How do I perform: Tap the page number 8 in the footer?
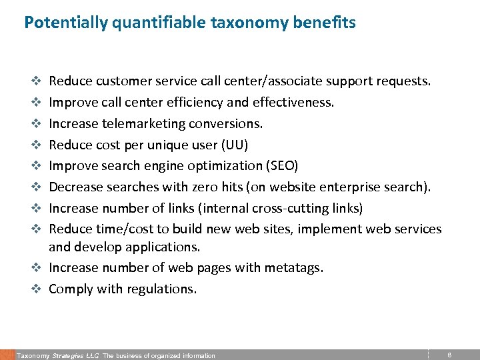[x=449, y=355]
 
